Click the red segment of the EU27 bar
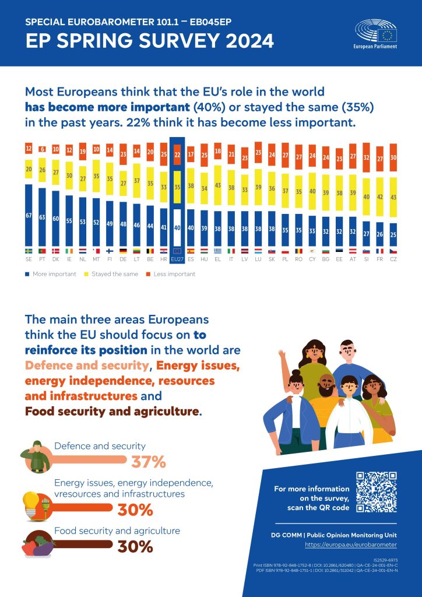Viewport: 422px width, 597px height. click(x=177, y=154)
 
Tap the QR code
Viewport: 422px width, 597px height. click(x=377, y=491)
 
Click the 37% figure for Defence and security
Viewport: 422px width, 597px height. click(x=149, y=462)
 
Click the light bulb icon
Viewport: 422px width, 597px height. click(x=30, y=502)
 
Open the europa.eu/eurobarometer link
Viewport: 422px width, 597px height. click(x=351, y=544)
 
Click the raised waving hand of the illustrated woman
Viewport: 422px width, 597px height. click(x=282, y=354)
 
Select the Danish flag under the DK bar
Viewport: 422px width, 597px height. click(x=55, y=250)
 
